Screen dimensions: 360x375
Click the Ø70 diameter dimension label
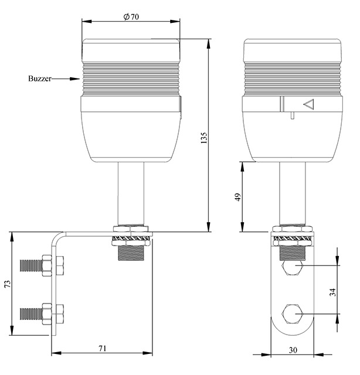131,17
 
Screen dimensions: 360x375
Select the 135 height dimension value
203,138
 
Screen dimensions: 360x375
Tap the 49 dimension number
238,197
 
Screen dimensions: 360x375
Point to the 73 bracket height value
8,284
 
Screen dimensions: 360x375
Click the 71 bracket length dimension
103,349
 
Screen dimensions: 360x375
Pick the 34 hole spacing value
332,292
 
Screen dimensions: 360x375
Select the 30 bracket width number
293,350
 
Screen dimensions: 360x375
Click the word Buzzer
40,79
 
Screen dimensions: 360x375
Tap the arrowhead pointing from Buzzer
74,79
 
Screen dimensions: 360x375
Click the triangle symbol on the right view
309,104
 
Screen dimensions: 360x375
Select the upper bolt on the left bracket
42,265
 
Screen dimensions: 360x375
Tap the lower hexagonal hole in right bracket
293,314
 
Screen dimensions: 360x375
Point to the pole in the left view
131,193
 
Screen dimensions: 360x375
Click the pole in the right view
293,193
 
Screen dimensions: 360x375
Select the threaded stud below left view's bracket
131,253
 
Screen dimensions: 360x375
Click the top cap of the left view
131,50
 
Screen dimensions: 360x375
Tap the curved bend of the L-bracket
56,237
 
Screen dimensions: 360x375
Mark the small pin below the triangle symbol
292,115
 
